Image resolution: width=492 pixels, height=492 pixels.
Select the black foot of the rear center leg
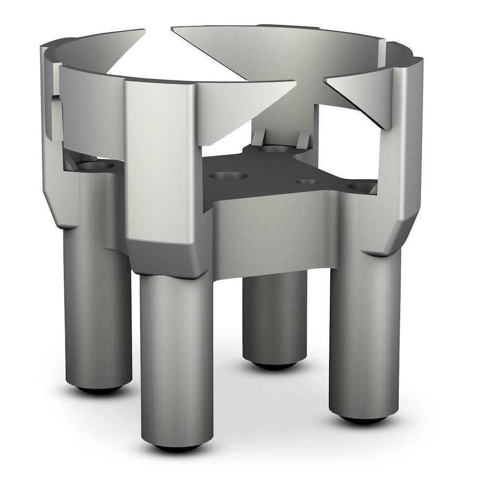pos(275,365)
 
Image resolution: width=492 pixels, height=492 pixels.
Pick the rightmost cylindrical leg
pos(364,335)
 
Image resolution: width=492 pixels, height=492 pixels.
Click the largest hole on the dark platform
pos(227,176)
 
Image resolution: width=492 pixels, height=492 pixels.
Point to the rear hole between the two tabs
pos(274,148)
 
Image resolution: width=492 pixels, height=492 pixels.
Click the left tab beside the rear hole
pos(259,136)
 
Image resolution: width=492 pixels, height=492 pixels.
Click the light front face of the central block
pos(276,231)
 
